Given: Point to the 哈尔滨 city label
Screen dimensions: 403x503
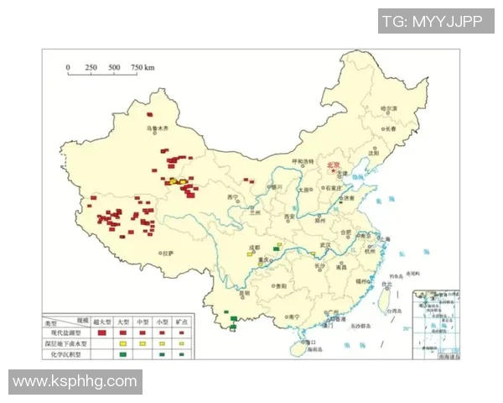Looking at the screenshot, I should (386, 109).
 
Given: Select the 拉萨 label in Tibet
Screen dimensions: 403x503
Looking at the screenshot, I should (168, 253).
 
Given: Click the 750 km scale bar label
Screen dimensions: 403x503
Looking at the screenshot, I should (143, 67).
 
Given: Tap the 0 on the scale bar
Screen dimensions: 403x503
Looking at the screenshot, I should (69, 67).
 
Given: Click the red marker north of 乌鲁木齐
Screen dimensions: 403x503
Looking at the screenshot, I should (151, 114).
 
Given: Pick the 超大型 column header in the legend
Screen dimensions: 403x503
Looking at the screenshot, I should (101, 322).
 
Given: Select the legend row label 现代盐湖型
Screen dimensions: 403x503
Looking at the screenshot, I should (66, 333).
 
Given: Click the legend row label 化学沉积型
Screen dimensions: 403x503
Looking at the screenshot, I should (66, 353).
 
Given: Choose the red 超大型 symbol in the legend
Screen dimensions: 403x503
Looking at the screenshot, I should (101, 333).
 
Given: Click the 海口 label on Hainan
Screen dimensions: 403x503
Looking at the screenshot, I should (309, 343).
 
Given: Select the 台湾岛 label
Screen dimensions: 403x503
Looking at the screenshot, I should (386, 308).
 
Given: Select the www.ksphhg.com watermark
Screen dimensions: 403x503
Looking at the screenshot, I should (75, 381).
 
